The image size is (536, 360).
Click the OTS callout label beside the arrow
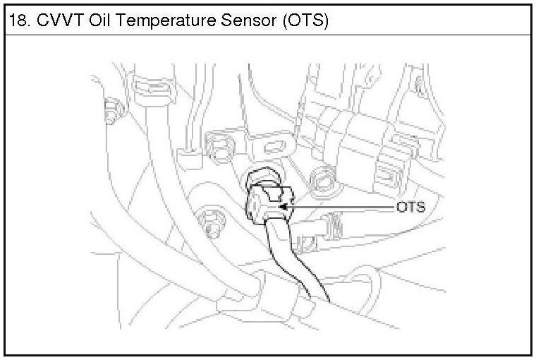tap(410, 208)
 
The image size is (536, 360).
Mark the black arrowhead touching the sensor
tap(284, 208)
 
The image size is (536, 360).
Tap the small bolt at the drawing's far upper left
tap(110, 110)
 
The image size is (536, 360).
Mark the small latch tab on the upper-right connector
tap(385, 174)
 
